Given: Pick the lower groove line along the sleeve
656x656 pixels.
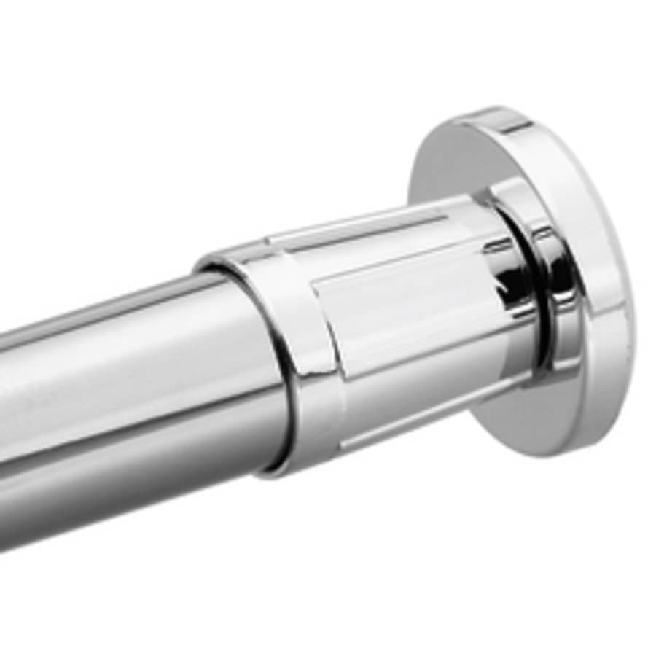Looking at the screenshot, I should tap(408, 423).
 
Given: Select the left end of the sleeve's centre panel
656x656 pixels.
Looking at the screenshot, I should tap(321, 321).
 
